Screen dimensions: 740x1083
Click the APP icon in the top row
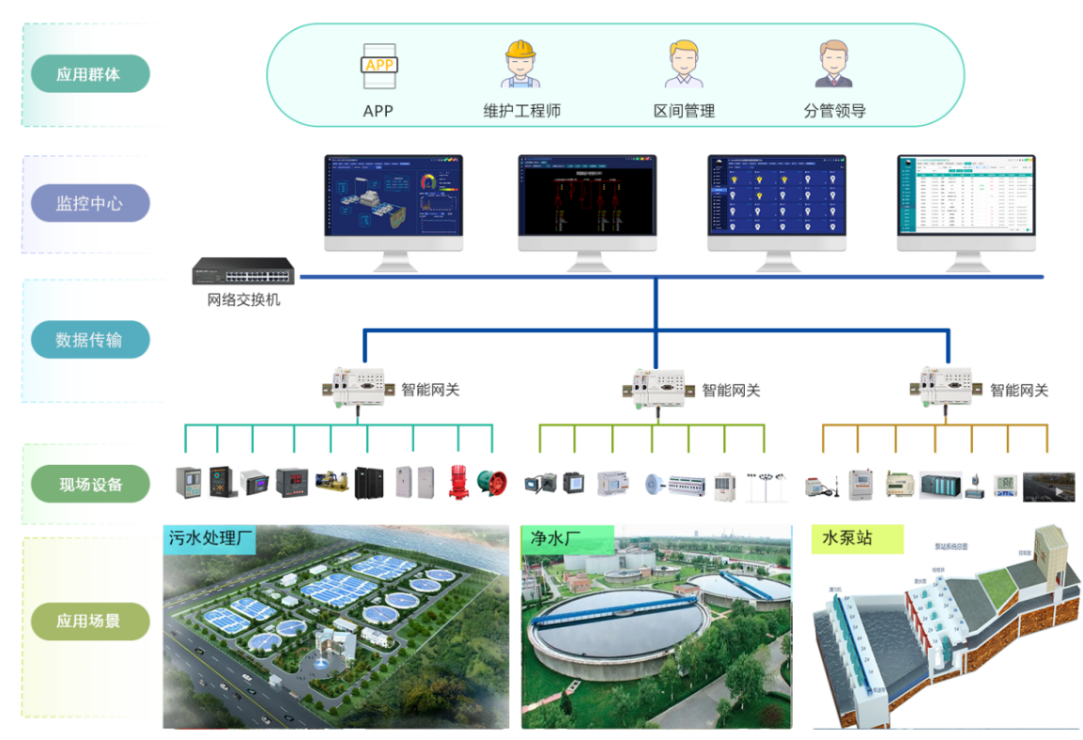coord(379,67)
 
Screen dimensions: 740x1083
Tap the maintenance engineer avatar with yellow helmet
coord(521,65)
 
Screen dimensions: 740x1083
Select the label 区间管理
coord(684,111)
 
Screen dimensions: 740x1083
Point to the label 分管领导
coord(834,111)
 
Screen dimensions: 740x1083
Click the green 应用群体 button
coord(89,73)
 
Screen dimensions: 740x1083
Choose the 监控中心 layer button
coord(89,203)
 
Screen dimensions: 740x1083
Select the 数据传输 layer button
coord(89,339)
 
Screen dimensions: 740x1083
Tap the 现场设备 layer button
coord(90,485)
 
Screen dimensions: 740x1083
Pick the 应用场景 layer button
coord(90,621)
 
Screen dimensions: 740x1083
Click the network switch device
coord(243,273)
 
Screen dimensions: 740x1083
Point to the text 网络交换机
coord(243,301)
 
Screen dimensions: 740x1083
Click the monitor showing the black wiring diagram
coord(587,202)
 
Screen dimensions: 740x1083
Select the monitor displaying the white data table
coord(966,202)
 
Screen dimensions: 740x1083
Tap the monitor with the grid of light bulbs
coord(777,202)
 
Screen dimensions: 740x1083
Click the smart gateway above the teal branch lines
coord(358,386)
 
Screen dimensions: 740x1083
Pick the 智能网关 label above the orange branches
coord(1018,390)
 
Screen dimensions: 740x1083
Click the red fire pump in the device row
coord(457,481)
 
